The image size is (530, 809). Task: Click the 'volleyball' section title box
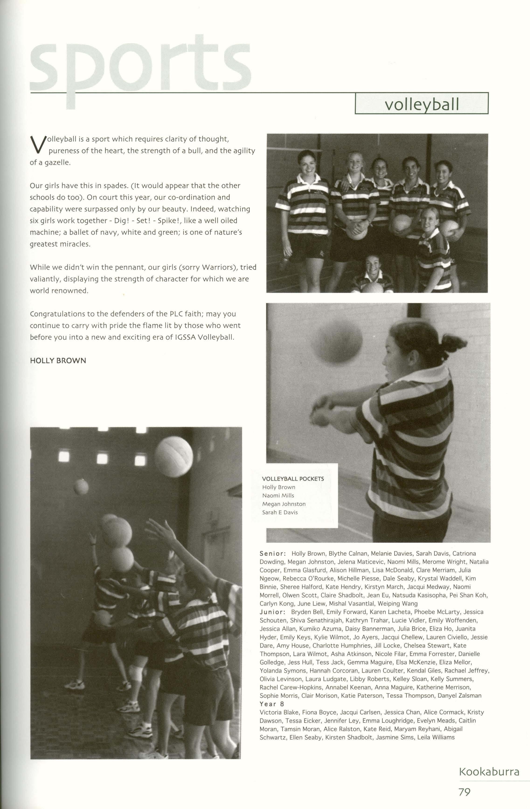(x=421, y=104)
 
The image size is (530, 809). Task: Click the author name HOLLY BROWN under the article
(x=58, y=361)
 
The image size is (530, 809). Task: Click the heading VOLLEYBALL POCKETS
(x=293, y=479)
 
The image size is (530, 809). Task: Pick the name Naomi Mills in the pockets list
(x=278, y=496)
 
